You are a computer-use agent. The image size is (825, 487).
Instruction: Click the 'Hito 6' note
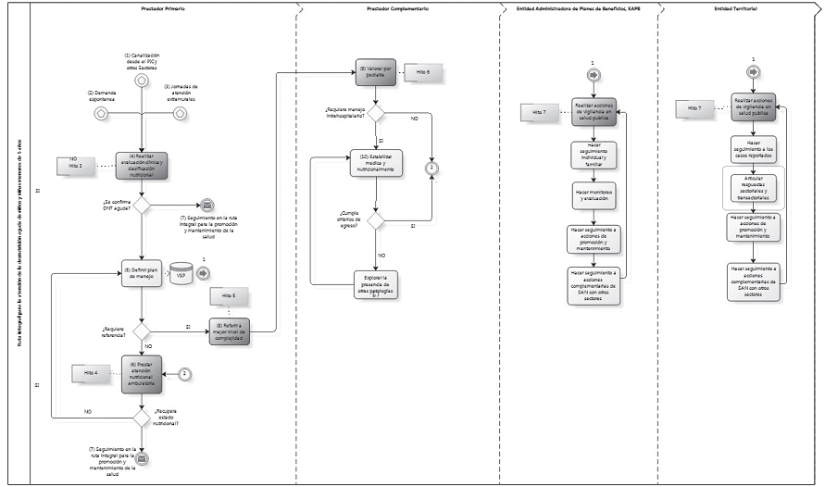(423, 71)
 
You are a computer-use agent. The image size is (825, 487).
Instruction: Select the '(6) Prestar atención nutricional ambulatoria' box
(142, 374)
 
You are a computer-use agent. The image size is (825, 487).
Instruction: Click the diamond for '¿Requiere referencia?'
(142, 331)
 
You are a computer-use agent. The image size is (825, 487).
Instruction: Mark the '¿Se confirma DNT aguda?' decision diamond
(142, 205)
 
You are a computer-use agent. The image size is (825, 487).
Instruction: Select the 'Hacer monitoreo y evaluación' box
(594, 194)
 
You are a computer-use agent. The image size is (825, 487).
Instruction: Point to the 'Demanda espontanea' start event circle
(101, 114)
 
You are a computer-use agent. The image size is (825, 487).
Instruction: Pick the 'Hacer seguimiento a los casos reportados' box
(753, 148)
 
